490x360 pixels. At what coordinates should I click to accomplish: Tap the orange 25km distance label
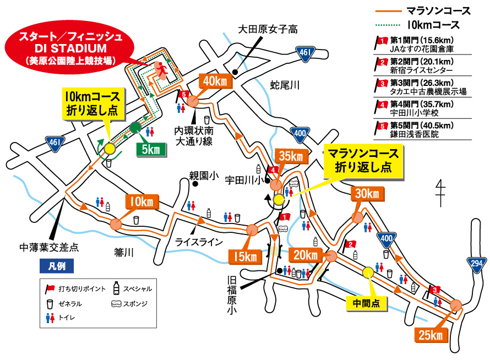click(x=429, y=335)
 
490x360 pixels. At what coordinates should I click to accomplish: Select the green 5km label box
click(x=150, y=149)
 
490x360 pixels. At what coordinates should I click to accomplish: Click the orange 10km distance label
click(x=143, y=202)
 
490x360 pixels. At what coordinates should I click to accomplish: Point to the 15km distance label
click(x=243, y=256)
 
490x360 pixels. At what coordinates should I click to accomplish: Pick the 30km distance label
click(x=366, y=194)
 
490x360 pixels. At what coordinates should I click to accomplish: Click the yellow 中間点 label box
click(x=363, y=302)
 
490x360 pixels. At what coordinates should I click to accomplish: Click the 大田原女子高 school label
click(x=267, y=29)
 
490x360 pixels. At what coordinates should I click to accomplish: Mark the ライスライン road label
click(x=199, y=242)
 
